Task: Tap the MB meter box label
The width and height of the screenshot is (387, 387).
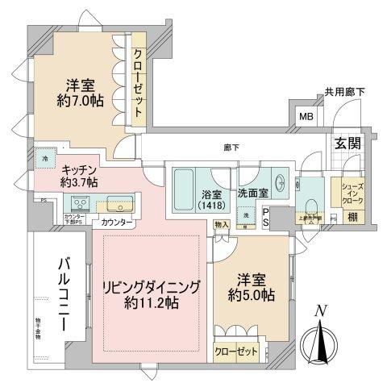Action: point(307,116)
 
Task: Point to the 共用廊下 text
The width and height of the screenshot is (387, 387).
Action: point(345,93)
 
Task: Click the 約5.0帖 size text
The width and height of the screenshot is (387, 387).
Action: point(253,296)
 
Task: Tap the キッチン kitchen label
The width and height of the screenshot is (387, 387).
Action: point(79,170)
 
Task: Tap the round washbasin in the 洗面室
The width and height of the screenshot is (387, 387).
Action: point(279,181)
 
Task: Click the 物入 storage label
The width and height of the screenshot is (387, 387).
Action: point(221,225)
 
